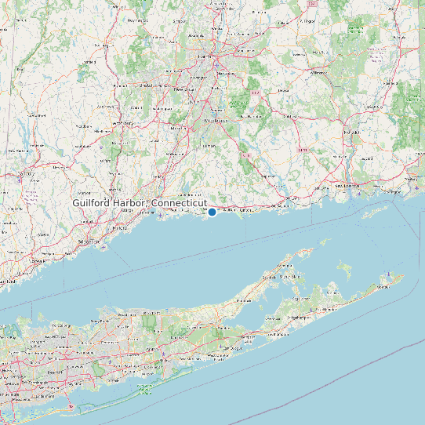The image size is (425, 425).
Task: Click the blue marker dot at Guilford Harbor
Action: (212, 212)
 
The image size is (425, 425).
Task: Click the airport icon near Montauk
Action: (386, 274)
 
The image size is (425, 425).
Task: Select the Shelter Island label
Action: (292, 277)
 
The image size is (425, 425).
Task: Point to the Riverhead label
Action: (244, 300)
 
